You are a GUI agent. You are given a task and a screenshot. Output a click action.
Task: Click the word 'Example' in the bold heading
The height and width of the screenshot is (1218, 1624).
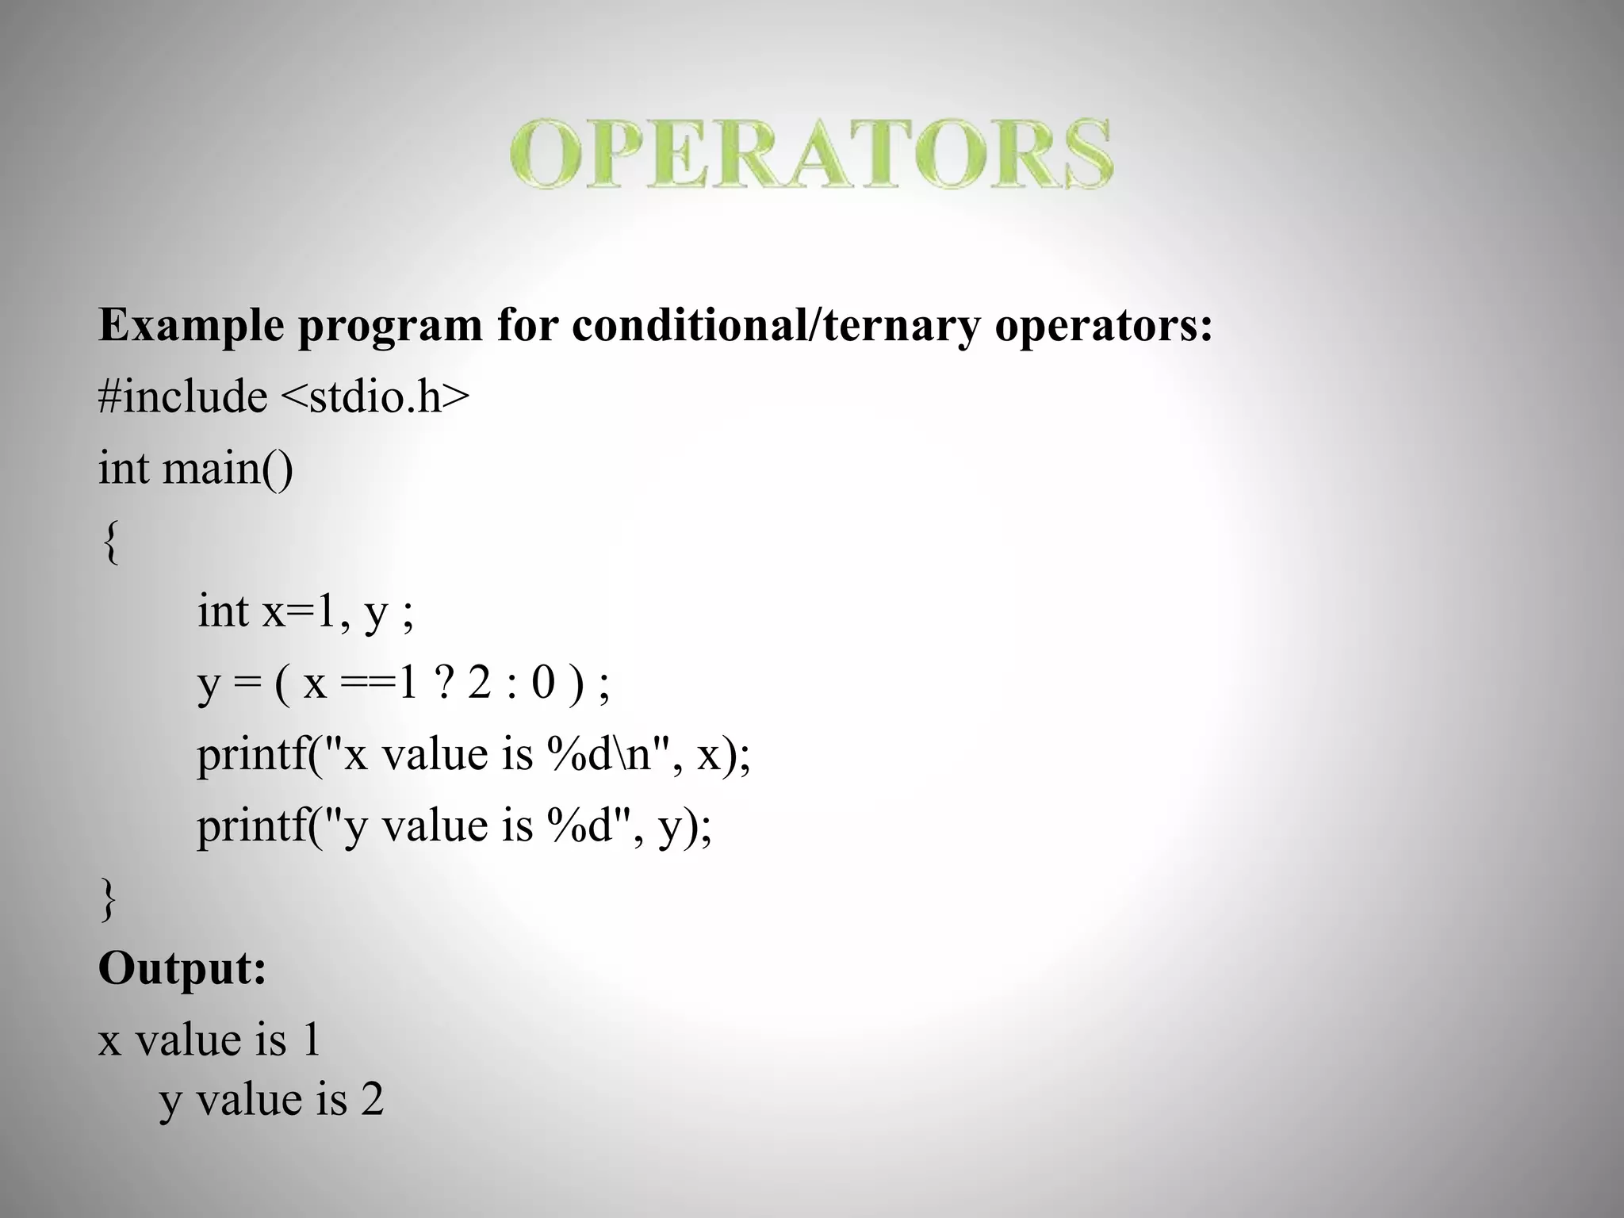[190, 325]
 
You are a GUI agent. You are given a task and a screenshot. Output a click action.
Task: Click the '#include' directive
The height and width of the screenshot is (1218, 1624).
[182, 396]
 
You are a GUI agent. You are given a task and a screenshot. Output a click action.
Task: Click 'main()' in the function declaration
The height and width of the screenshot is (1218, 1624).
[228, 468]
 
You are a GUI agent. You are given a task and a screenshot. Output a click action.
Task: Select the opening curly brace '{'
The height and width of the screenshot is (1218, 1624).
[111, 542]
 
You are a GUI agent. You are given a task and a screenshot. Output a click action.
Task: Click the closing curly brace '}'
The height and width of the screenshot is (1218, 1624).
[109, 899]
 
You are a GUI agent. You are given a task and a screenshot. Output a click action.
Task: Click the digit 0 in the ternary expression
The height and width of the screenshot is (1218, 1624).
[543, 683]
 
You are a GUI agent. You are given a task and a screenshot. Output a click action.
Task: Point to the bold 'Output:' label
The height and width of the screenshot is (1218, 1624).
[182, 968]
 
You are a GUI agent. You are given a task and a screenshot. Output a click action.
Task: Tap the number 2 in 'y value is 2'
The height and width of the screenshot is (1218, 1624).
[372, 1100]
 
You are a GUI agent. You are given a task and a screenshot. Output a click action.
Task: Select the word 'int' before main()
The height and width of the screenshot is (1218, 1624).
[123, 468]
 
